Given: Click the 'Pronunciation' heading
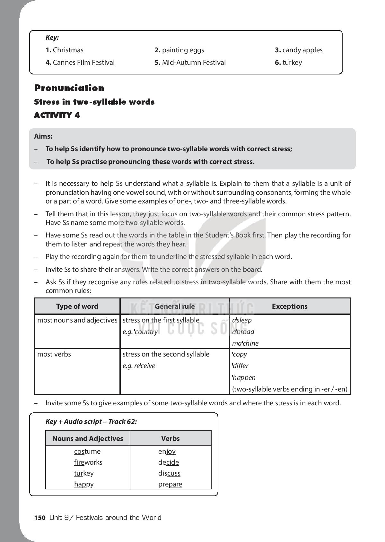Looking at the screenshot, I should [x=69, y=88].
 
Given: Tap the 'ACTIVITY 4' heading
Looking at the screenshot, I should [x=57, y=116].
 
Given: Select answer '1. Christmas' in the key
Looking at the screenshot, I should [x=65, y=50].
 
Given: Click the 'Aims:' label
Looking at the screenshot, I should [x=43, y=136].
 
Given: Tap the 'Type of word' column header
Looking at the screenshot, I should [x=77, y=306].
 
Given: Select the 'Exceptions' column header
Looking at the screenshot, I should [x=289, y=306].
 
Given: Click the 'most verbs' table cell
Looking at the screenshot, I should [x=54, y=354].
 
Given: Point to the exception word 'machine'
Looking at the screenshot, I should [x=245, y=343].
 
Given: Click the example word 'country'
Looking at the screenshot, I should [x=146, y=332].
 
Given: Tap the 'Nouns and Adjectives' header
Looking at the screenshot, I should [x=88, y=439].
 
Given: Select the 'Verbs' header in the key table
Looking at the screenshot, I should [x=171, y=439].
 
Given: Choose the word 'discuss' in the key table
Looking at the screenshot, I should [x=169, y=473].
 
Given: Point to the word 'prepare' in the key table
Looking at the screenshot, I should [x=170, y=484].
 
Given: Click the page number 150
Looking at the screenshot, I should [x=40, y=518].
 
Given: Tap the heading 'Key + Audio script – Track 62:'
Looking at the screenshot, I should [x=91, y=422].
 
